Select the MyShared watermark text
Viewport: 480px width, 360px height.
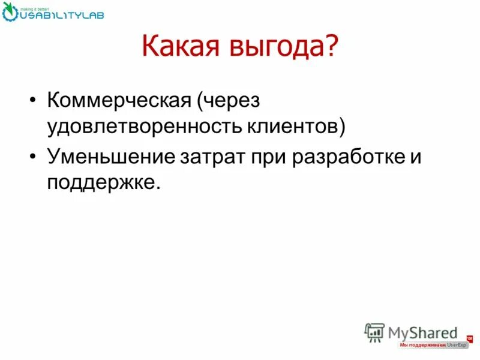(422, 332)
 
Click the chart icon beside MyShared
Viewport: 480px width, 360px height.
(374, 332)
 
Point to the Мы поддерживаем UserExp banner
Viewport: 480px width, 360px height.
(433, 346)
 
